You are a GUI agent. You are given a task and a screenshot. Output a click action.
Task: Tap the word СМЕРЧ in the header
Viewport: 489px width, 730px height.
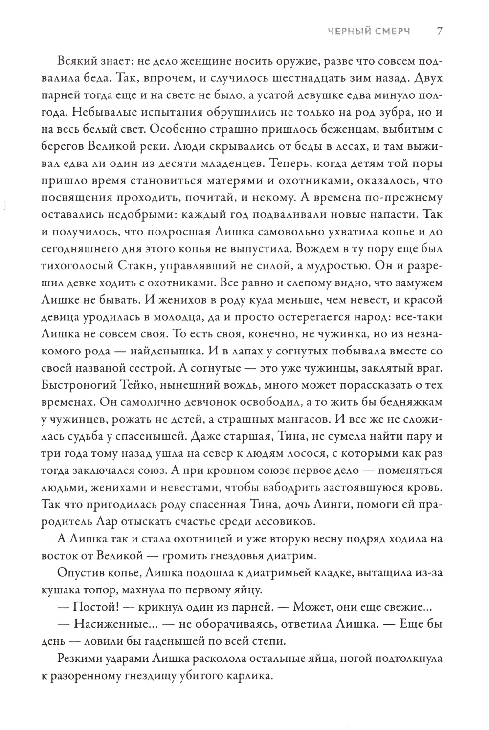click(x=392, y=32)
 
